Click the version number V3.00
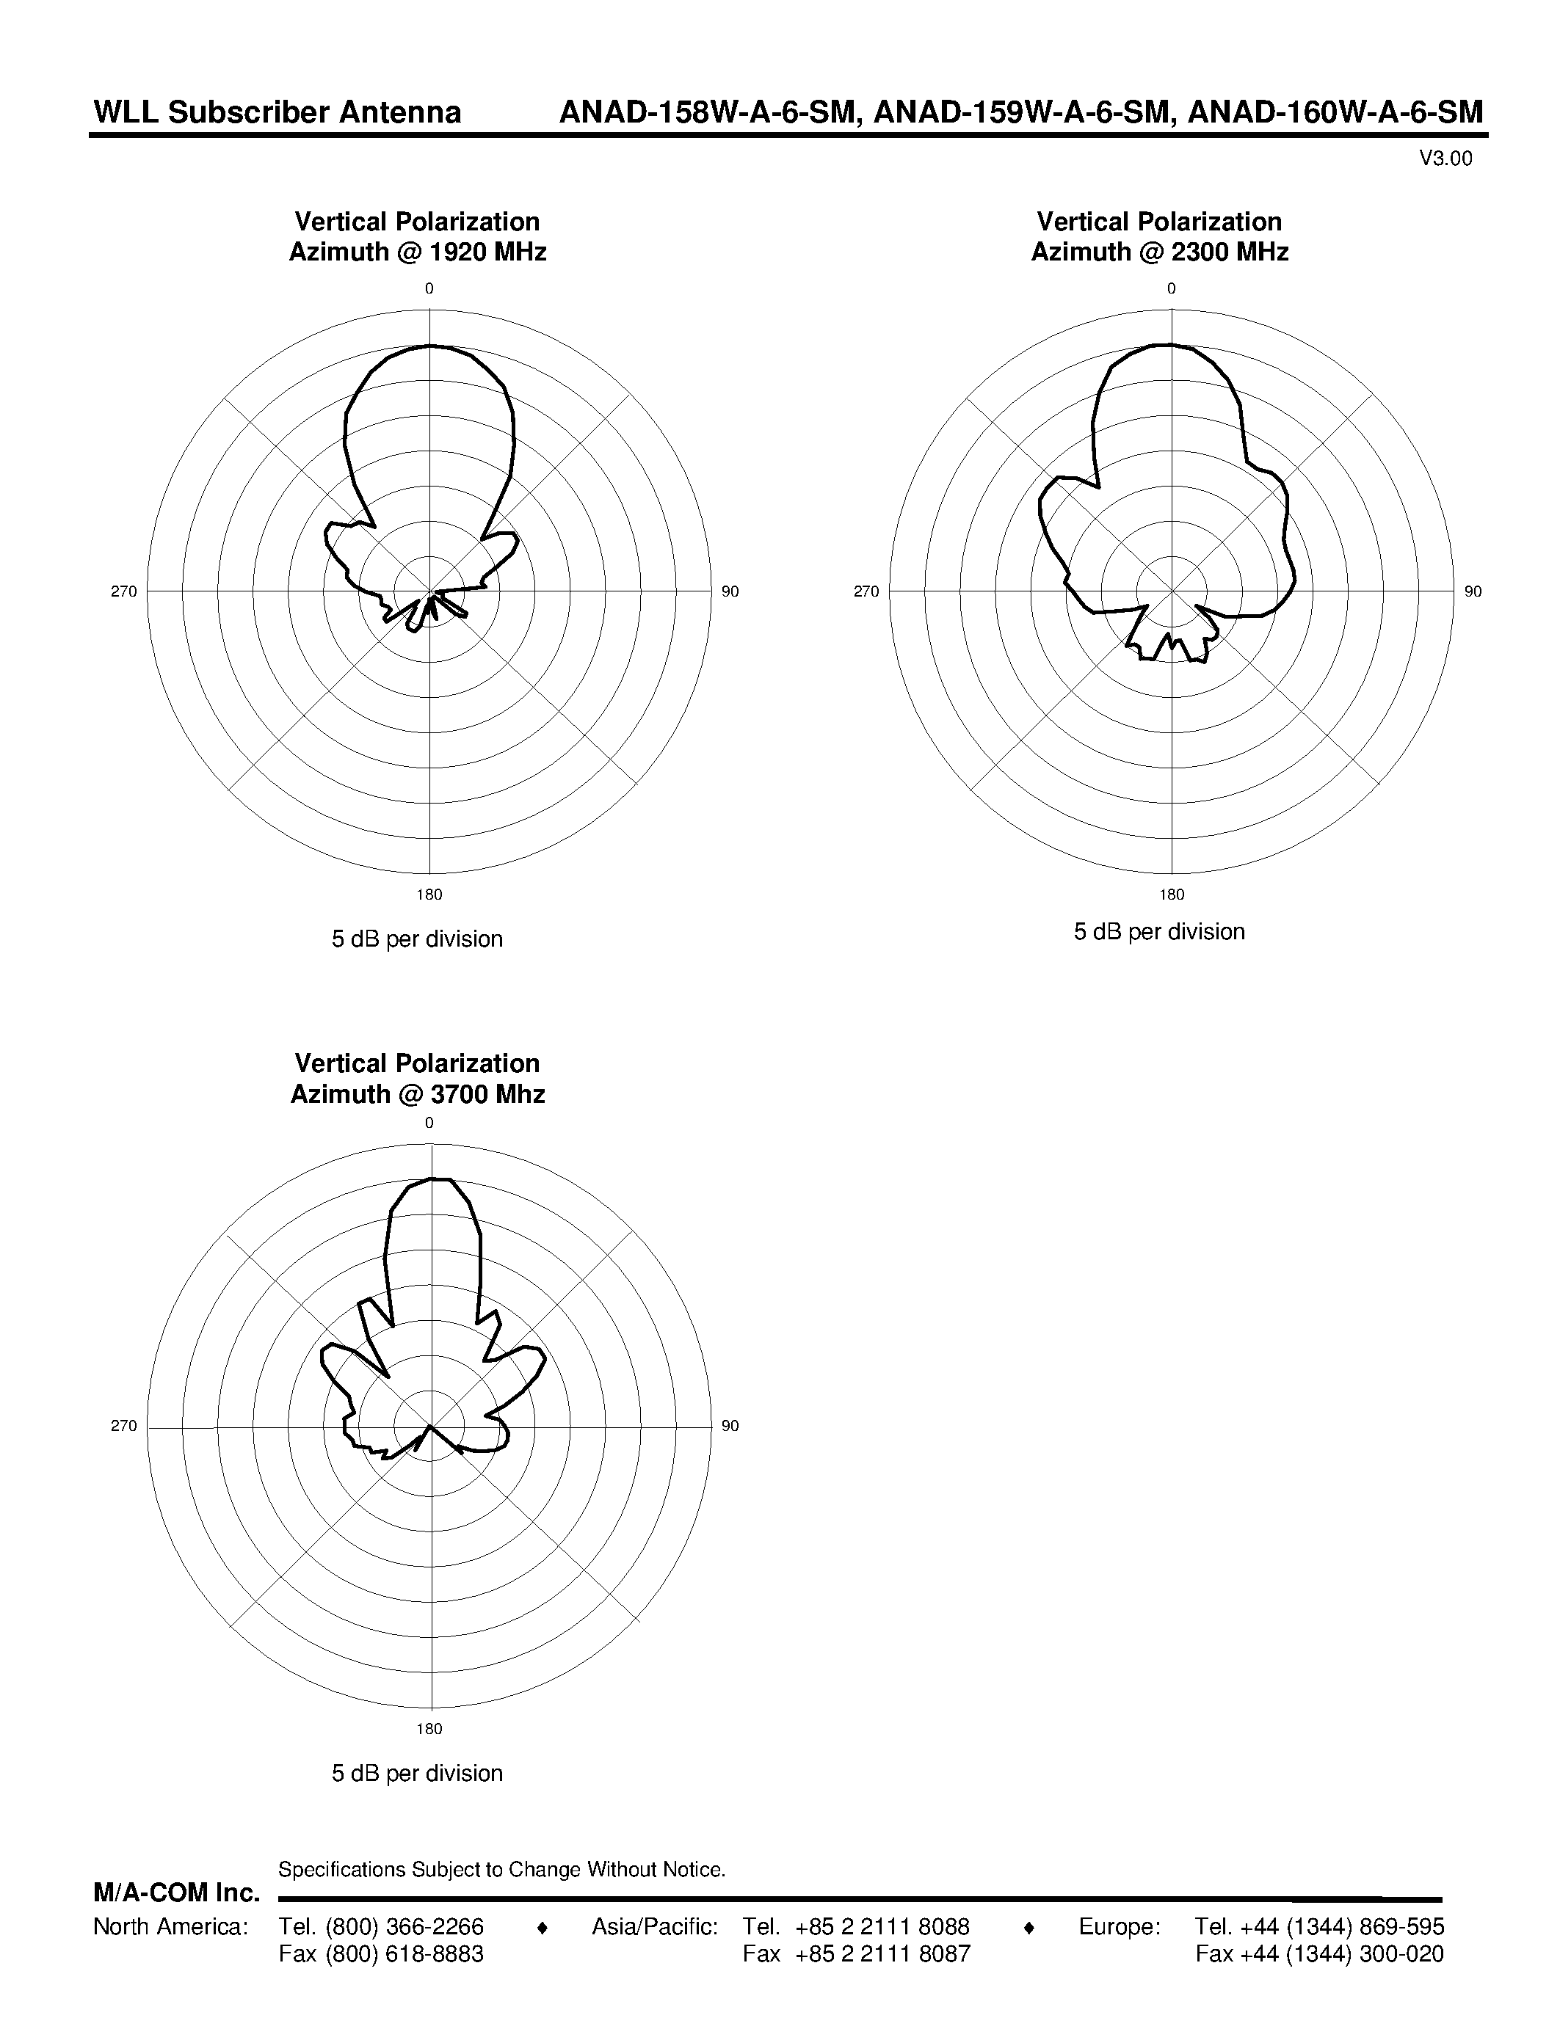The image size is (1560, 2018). coord(1445,159)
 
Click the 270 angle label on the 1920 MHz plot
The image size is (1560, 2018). coord(124,591)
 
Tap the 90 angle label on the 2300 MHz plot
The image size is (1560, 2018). coord(1473,591)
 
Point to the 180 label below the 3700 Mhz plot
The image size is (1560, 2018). coord(429,1729)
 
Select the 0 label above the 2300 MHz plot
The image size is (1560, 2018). coord(1171,288)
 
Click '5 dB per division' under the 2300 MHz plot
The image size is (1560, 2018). coord(1159,931)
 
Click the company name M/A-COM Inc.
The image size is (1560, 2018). coord(176,1893)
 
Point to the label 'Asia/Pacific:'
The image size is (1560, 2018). coord(654,1926)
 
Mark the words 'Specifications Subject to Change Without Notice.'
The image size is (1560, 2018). coord(502,1869)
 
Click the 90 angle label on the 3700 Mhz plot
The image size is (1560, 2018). coord(730,1426)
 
